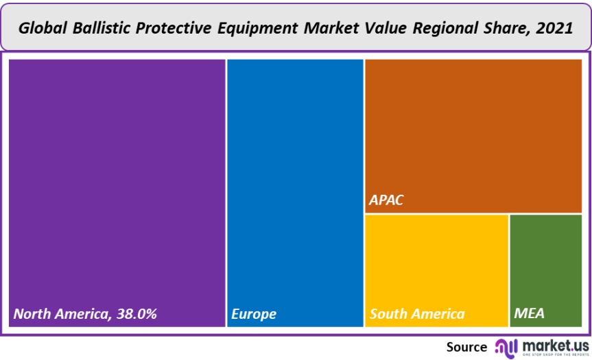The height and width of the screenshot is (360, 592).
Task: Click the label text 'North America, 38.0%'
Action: tap(86, 314)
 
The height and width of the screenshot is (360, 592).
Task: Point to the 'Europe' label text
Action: tap(254, 314)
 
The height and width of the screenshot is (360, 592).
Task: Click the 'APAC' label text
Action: tap(387, 201)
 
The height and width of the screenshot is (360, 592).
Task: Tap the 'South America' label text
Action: tap(417, 314)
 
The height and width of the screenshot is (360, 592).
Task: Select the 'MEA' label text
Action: tap(529, 314)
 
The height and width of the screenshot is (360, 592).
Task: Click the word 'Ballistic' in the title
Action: tap(94, 28)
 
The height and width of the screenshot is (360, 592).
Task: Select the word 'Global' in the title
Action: tap(40, 28)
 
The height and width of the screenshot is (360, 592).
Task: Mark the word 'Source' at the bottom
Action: tap(466, 346)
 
